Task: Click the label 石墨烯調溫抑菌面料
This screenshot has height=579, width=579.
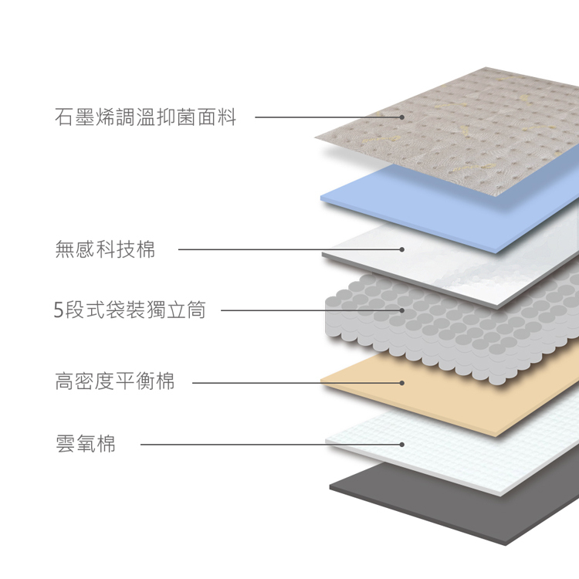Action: (145, 117)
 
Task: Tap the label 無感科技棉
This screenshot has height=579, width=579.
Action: (105, 249)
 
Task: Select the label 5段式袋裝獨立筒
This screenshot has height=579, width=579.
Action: (130, 310)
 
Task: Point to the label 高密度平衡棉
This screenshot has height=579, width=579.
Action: (114, 381)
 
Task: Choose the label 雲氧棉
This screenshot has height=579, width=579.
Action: (85, 443)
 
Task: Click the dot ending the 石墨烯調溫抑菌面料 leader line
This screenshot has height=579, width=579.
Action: (401, 117)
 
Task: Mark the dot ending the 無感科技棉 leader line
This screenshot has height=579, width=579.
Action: (401, 249)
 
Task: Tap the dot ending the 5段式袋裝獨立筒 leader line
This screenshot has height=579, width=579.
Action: (401, 310)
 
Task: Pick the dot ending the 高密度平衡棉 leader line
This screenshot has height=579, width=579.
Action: (401, 383)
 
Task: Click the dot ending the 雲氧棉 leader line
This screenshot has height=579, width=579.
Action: (401, 444)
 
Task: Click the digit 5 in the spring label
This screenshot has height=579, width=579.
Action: (59, 310)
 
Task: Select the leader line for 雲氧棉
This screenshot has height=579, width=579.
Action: (272, 444)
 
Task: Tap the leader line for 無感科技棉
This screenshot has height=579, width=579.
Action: (290, 249)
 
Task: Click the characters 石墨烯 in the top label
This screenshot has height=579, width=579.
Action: (85, 117)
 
